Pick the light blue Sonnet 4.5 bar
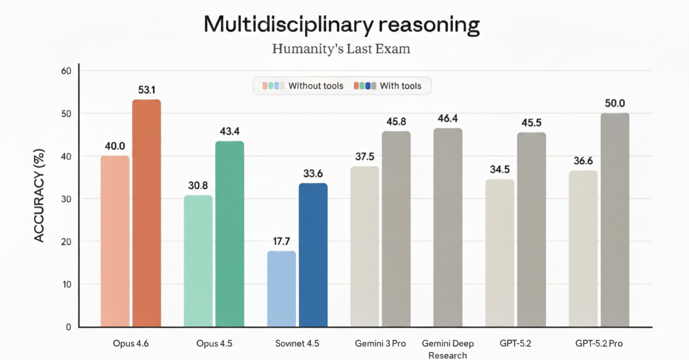click(x=281, y=289)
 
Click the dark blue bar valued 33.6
click(x=313, y=255)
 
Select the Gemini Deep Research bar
click(x=448, y=227)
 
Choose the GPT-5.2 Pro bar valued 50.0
click(x=615, y=220)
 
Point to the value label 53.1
click(x=146, y=90)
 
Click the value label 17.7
click(x=281, y=242)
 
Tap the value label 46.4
click(x=448, y=119)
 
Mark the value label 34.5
click(x=500, y=170)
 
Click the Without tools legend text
click(x=316, y=86)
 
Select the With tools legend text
click(x=400, y=86)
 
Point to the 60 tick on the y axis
click(x=66, y=71)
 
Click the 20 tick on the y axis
click(x=66, y=242)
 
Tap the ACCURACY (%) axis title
click(x=40, y=196)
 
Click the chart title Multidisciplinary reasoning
click(x=342, y=24)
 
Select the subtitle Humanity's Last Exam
click(x=341, y=49)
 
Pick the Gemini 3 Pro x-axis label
click(x=380, y=343)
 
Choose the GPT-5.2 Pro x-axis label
click(x=599, y=343)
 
